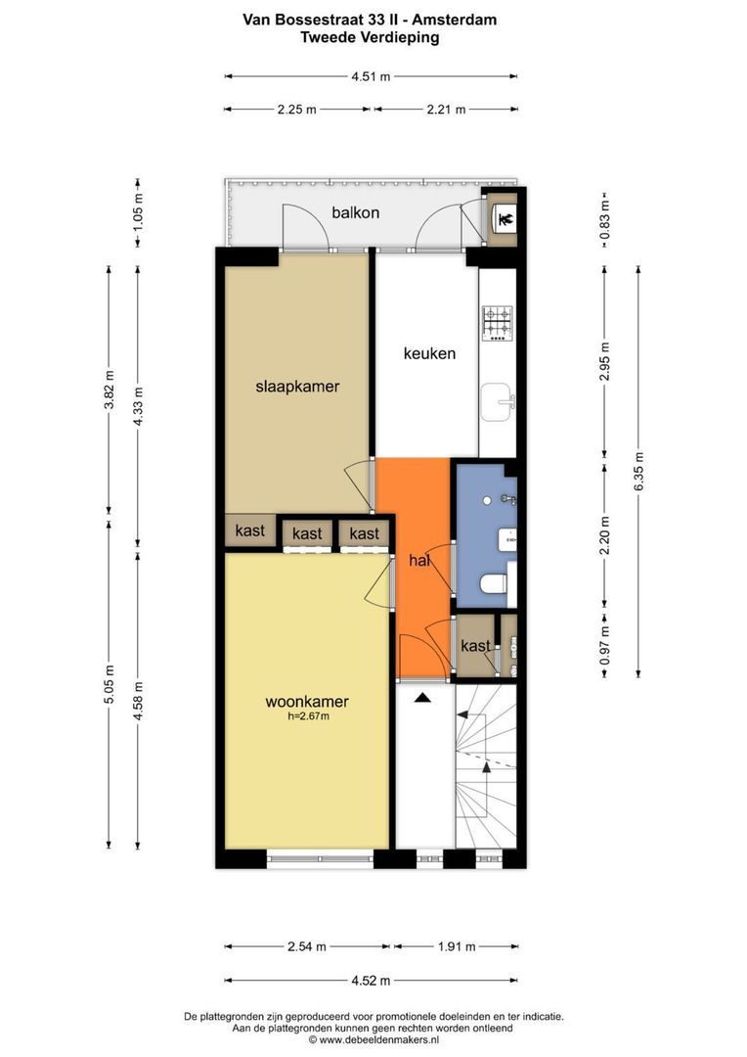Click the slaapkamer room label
[297, 387]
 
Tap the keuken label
[429, 353]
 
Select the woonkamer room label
[306, 702]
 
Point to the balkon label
[356, 213]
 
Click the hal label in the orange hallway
[419, 560]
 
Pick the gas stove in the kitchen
[497, 324]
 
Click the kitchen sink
[497, 402]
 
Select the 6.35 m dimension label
[637, 470]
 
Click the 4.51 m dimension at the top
[371, 77]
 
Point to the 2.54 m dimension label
[307, 946]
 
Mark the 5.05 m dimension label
[110, 684]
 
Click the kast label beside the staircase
[475, 646]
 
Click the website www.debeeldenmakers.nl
[377, 1040]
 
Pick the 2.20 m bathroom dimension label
[604, 535]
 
